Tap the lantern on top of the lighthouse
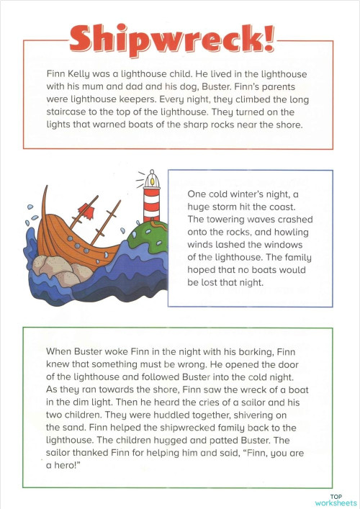[151, 179]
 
